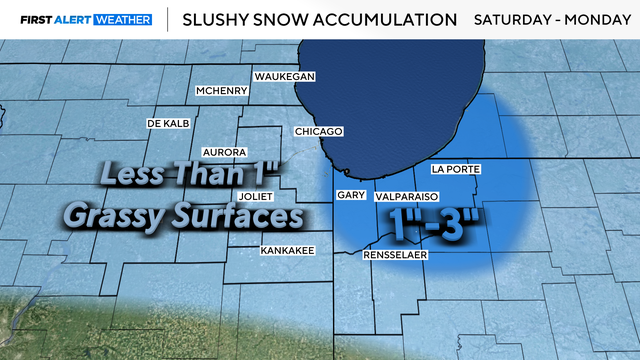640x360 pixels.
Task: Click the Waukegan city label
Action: coord(285,77)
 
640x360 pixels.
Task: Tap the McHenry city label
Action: coord(221,91)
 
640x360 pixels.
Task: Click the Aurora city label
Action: coord(224,152)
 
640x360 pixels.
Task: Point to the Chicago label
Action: coord(319,132)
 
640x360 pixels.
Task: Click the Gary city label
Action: coord(350,196)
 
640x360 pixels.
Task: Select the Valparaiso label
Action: coord(407,198)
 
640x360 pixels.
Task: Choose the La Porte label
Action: coord(456,169)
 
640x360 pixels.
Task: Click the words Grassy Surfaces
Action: coord(183,215)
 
